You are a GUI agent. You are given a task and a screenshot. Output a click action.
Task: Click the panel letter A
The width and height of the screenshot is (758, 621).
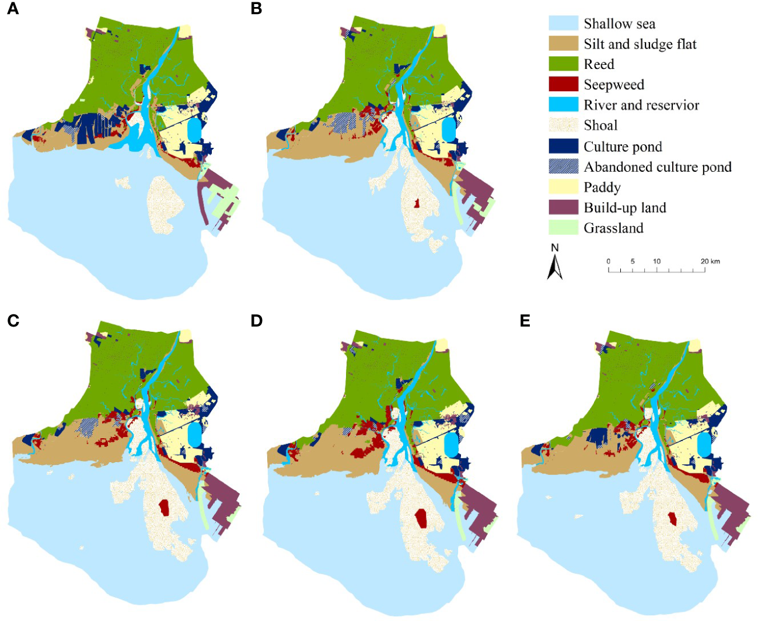click(x=12, y=9)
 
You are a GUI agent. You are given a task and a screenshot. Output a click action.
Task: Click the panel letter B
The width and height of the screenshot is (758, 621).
click(x=256, y=9)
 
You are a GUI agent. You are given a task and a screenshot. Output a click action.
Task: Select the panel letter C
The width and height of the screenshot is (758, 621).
click(x=13, y=321)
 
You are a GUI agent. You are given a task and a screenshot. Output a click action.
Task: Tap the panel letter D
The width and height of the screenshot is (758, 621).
click(x=257, y=321)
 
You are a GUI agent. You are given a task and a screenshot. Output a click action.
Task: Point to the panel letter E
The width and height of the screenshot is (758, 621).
click(x=525, y=321)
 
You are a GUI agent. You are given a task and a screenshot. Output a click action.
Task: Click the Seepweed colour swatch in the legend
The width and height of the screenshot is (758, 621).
click(x=563, y=84)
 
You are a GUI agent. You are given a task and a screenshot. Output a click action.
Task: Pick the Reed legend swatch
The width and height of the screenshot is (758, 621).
click(x=563, y=64)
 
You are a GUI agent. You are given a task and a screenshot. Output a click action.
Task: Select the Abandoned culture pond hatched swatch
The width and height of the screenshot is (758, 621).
click(x=563, y=166)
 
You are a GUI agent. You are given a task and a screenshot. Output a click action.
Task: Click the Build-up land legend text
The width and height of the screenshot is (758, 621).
click(x=624, y=208)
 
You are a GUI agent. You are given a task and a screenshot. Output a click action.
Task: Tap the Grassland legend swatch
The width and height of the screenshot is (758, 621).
click(x=563, y=228)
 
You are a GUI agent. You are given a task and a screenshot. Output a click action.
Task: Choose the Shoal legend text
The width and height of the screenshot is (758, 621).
click(x=600, y=126)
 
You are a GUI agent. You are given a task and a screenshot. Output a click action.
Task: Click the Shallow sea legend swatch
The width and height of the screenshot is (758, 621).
click(x=563, y=23)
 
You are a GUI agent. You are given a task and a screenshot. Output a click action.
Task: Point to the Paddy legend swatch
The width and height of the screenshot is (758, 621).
click(x=563, y=187)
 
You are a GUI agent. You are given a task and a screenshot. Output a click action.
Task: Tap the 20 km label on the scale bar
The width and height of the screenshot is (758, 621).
click(x=710, y=261)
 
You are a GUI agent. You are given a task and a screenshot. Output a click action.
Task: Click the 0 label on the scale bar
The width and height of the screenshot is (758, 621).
click(x=608, y=261)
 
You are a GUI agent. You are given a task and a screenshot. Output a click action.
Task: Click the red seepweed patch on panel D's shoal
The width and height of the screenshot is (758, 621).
click(x=421, y=518)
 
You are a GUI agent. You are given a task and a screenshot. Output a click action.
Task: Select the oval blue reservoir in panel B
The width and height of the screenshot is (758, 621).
click(x=448, y=130)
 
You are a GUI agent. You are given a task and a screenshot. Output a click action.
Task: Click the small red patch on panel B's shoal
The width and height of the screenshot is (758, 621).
click(x=417, y=204)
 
